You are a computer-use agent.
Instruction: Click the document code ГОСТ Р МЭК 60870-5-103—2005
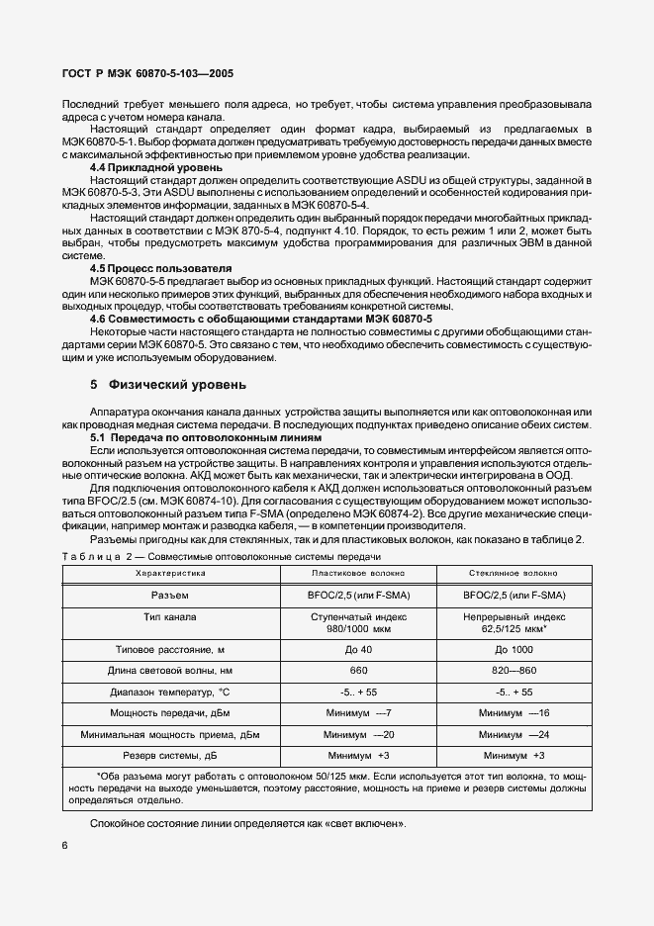(147, 73)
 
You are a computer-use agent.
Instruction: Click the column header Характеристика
(169, 573)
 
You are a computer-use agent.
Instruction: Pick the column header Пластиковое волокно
(357, 573)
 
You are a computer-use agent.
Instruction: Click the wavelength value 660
(358, 670)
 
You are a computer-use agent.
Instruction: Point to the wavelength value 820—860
(512, 670)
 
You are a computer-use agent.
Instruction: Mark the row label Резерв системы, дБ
(169, 755)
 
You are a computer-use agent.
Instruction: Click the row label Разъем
(169, 595)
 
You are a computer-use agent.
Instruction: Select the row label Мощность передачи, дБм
(169, 712)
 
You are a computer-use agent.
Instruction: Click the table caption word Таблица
(94, 556)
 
